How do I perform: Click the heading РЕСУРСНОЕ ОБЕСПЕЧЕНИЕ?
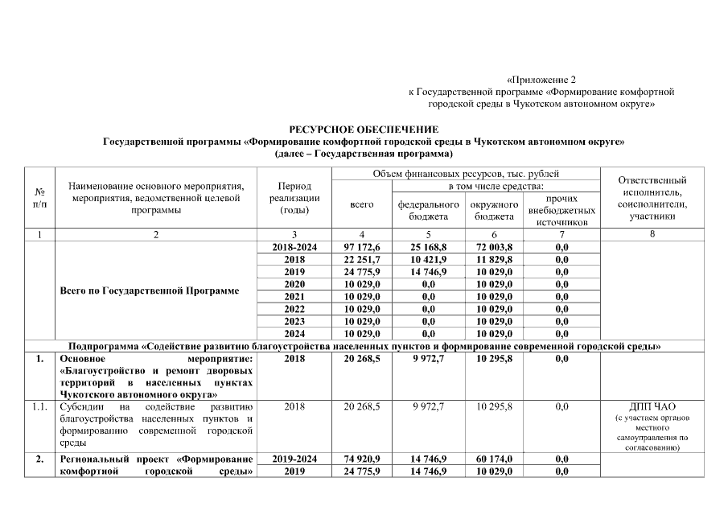[364, 130]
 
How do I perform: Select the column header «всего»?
[362, 205]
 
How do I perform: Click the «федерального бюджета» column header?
[428, 211]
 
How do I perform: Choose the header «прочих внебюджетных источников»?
[561, 210]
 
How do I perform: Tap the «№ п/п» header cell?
[40, 199]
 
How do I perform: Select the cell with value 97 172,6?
[362, 247]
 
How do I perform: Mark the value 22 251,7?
[362, 260]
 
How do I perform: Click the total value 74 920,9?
[362, 459]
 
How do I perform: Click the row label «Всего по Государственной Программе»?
[150, 290]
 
